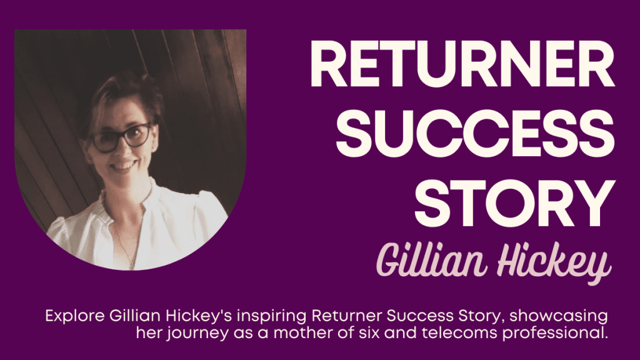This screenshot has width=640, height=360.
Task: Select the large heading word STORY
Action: (x=515, y=202)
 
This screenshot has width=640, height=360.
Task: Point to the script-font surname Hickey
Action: (x=554, y=262)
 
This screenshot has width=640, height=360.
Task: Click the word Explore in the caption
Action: (x=75, y=316)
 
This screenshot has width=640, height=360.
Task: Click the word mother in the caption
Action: (x=302, y=333)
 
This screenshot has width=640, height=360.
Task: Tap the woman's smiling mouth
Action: (x=123, y=166)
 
